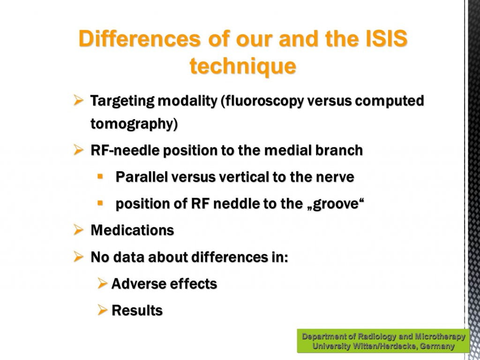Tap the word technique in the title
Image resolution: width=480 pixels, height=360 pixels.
243,67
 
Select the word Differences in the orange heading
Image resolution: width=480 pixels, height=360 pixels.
140,38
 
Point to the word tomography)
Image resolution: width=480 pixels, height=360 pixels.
134,124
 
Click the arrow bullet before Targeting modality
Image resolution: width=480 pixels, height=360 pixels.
78,100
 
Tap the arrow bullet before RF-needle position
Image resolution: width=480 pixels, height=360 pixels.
78,150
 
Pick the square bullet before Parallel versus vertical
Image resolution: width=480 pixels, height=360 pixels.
100,176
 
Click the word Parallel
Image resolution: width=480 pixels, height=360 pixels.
142,177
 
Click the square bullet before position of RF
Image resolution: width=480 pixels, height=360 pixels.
100,203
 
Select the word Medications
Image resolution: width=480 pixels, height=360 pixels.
132,230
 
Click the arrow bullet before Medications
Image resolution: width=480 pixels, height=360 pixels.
78,230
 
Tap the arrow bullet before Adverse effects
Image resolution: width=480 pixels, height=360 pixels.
103,283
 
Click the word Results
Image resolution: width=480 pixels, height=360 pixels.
137,310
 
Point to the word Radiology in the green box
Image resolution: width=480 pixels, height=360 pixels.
377,337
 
